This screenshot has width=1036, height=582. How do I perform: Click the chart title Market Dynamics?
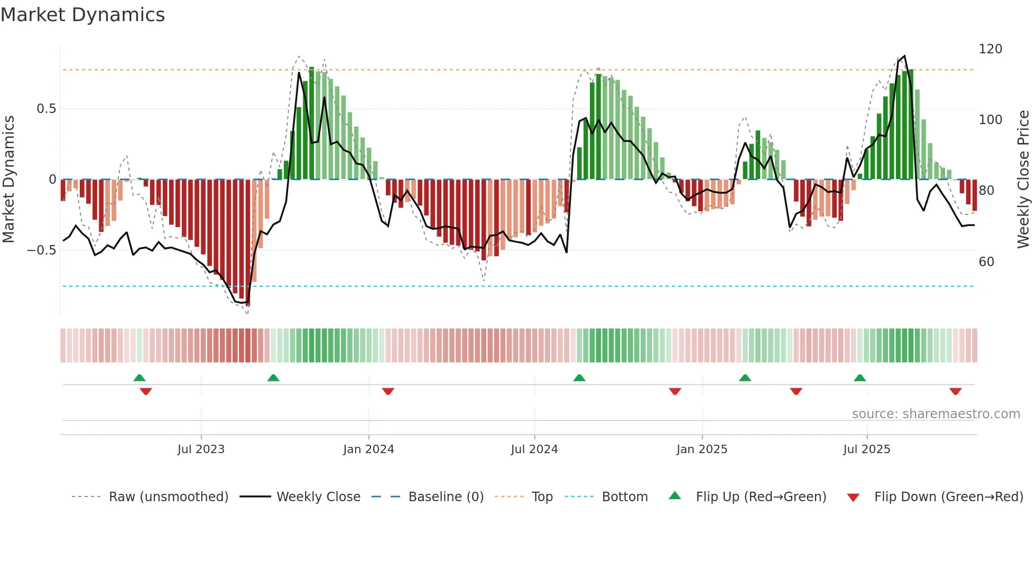82,15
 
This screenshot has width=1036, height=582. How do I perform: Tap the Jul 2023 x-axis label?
201,449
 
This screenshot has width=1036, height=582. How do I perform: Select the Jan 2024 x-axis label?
368,449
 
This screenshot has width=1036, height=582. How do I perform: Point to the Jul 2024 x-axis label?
534,449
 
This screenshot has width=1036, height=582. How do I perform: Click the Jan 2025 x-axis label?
702,449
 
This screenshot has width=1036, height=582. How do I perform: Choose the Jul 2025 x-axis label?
867,449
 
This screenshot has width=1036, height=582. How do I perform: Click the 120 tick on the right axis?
990,49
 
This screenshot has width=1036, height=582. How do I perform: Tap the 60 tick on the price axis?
986,262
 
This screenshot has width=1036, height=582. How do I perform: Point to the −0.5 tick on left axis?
42,250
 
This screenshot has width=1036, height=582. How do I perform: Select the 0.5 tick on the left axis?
46,109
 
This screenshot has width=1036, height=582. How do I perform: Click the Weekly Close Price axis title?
1023,180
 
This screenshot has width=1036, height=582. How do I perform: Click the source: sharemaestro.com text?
936,414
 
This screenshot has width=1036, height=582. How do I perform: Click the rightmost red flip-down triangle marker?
955,391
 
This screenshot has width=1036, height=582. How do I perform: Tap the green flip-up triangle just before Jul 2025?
859,378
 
